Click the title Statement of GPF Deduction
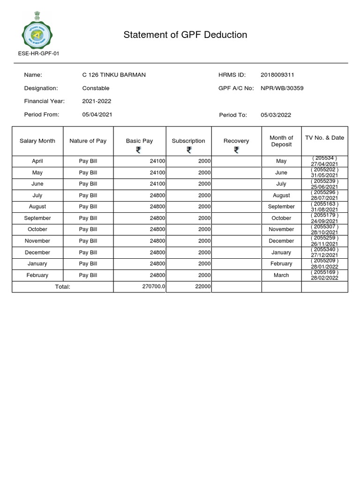coord(185,35)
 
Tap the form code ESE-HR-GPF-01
coord(38,53)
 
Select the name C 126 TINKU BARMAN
coord(114,75)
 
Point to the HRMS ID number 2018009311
coord(277,75)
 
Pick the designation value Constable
coord(96,88)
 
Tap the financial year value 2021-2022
coord(97,101)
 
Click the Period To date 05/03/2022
coord(276,115)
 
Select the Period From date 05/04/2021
coord(97,114)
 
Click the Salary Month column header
coord(37,141)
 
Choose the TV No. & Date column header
coord(324,138)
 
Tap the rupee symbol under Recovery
coord(236,150)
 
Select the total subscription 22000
coord(202,286)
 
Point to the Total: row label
coord(62,286)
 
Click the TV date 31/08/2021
coord(324,210)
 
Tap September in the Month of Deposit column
coord(281,207)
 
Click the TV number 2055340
coord(324,249)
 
